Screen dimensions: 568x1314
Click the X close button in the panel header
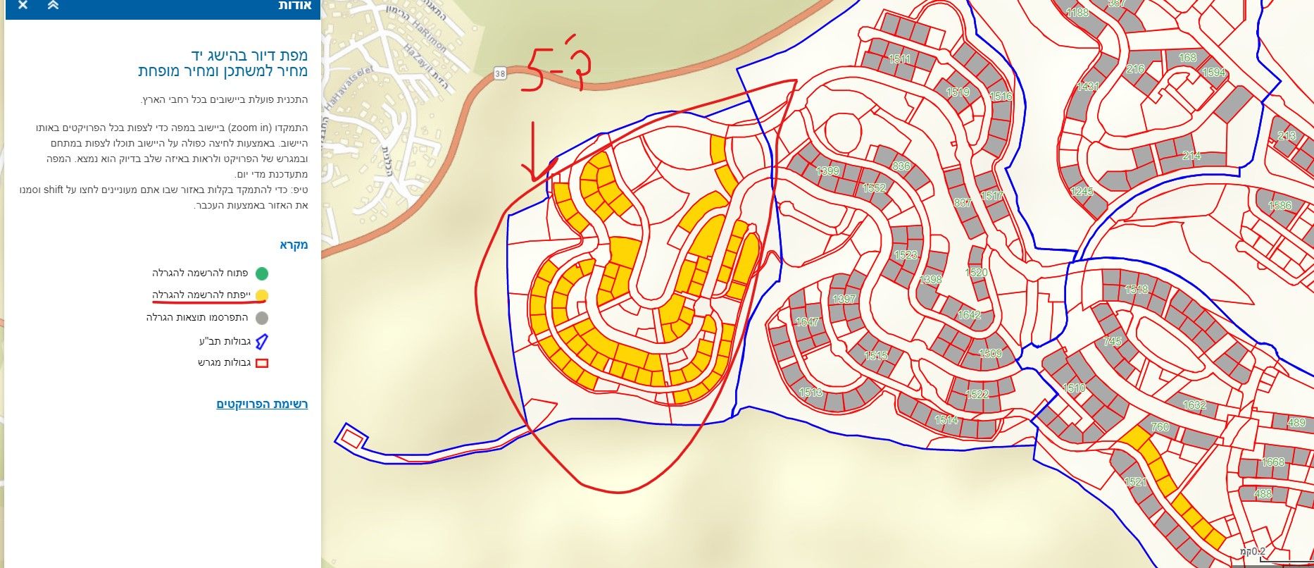(x=23, y=6)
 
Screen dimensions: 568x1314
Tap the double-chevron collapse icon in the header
(x=54, y=6)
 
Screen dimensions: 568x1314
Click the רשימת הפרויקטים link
(x=262, y=405)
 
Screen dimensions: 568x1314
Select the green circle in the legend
(x=262, y=273)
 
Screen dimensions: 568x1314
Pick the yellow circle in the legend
(x=262, y=295)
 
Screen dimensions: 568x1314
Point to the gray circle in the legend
(x=262, y=318)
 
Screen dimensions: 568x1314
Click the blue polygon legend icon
(x=262, y=342)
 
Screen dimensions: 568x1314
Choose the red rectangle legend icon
(x=262, y=364)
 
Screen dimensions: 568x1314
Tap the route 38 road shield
(x=500, y=73)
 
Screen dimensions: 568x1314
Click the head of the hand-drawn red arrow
(x=533, y=177)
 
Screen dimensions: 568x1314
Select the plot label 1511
(x=899, y=59)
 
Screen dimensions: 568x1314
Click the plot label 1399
(x=827, y=171)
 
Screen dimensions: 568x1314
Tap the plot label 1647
(x=807, y=322)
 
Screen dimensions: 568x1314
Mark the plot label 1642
(x=969, y=315)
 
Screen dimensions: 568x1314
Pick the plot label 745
(x=1113, y=342)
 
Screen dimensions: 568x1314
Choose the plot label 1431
(x=1088, y=87)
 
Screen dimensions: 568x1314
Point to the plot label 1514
(x=946, y=420)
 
